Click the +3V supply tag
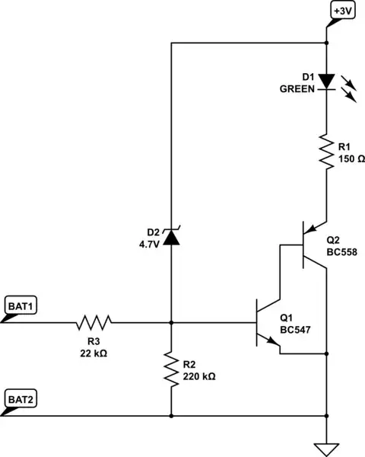[341, 11]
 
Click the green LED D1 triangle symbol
[325, 81]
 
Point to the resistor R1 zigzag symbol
[325, 152]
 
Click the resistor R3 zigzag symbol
[94, 322]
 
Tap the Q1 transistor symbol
[267, 324]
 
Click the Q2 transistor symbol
[308, 244]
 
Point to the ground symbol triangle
[325, 449]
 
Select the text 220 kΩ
[198, 376]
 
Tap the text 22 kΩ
[94, 353]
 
